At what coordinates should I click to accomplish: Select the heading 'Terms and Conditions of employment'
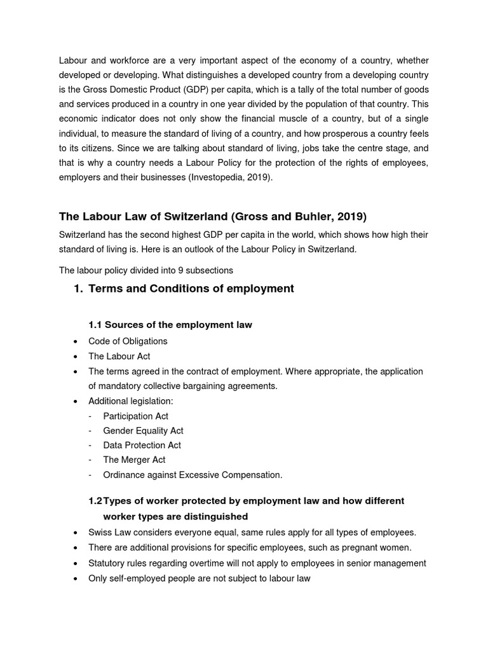[x=191, y=289]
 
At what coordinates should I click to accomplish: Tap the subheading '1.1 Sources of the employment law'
[x=170, y=325]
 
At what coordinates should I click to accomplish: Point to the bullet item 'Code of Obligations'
[x=128, y=341]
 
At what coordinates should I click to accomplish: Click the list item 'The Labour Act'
[x=119, y=356]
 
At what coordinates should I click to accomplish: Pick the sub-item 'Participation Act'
[x=135, y=416]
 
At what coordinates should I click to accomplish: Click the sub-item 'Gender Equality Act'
[x=143, y=430]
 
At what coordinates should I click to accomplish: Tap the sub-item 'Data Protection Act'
[x=142, y=445]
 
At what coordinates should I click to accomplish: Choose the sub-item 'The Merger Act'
[x=134, y=460]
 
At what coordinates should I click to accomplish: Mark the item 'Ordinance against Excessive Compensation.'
[x=193, y=474]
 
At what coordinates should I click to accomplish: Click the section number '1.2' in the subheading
[x=95, y=501]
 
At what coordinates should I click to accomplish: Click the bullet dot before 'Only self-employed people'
[x=76, y=579]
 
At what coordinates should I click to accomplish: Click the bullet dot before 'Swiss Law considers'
[x=76, y=533]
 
